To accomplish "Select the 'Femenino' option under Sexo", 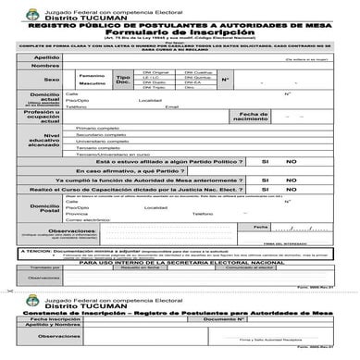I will [x=92, y=75].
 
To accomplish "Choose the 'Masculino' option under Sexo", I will [x=92, y=84].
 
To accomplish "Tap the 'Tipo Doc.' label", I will [x=123, y=80].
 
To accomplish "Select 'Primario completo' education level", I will [x=100, y=129].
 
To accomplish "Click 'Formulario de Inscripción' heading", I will [x=183, y=33].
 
